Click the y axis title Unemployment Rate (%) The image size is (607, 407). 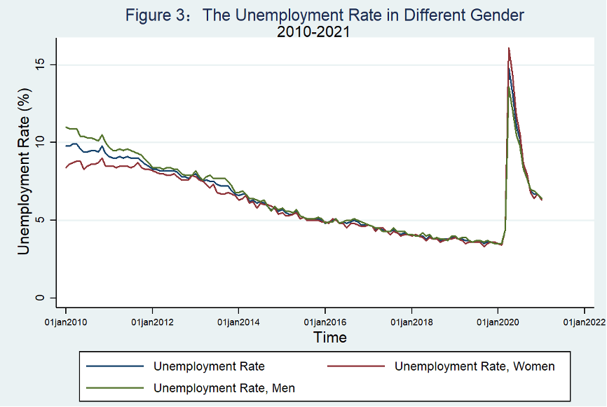coord(24,172)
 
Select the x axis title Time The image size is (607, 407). coord(329,337)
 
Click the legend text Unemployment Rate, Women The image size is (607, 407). coord(475,366)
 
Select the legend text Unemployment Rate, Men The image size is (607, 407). coord(224,387)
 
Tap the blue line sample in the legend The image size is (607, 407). coord(114,366)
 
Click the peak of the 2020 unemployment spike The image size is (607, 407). coord(508,48)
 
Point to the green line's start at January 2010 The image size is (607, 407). coord(66,127)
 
